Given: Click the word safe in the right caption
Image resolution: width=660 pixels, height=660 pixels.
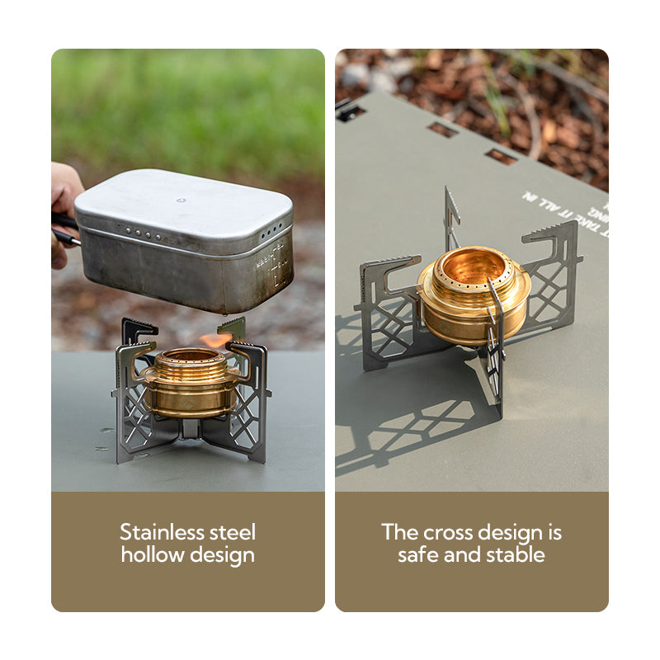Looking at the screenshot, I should coord(417,554).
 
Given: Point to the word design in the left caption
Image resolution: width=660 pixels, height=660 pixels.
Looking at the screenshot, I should coord(222,555).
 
